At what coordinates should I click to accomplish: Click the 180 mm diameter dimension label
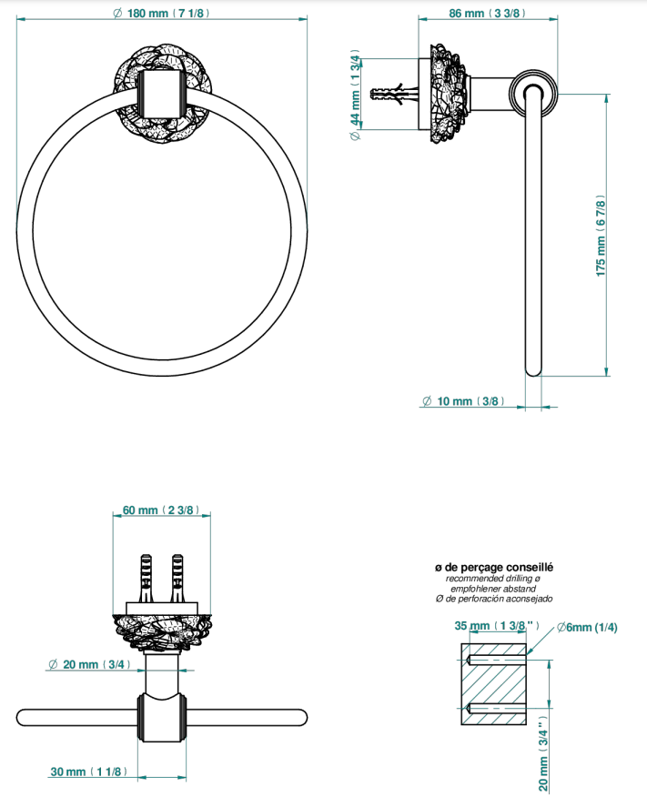click(x=161, y=13)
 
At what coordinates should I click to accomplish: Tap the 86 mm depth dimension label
click(x=487, y=13)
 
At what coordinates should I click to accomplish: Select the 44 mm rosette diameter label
click(x=355, y=95)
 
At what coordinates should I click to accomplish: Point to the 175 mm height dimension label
click(x=601, y=236)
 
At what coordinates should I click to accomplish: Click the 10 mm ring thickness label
click(x=463, y=401)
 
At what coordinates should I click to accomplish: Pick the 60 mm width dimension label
click(x=160, y=509)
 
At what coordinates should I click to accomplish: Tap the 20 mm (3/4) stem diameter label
click(x=89, y=664)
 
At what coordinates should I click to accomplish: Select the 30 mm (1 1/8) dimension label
click(x=88, y=772)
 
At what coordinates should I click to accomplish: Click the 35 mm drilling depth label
click(x=497, y=625)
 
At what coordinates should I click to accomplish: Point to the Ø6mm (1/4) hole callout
click(x=587, y=627)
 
